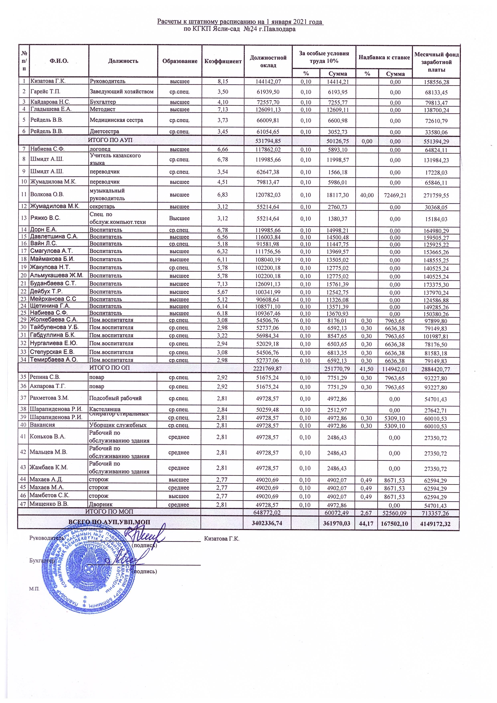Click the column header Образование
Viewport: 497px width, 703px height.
click(x=180, y=61)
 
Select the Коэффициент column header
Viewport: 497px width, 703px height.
click(x=223, y=61)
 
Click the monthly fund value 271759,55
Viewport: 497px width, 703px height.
click(x=436, y=195)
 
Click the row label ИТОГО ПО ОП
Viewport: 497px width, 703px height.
click(x=109, y=368)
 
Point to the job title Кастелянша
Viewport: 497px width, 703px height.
click(x=105, y=409)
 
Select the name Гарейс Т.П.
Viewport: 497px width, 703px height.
click(x=45, y=92)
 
